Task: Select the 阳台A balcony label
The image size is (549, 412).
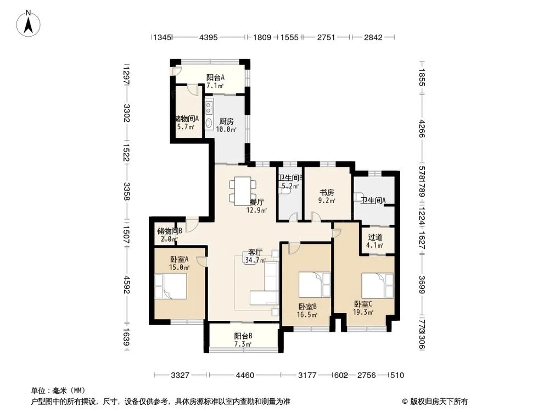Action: pos(215,77)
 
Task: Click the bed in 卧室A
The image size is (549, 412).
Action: pos(171,286)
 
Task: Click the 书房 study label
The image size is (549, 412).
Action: pos(327,193)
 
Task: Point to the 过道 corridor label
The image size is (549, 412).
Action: pos(376,237)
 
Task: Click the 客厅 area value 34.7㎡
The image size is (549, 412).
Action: pos(255,260)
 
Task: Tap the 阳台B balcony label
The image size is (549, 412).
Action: pos(243,336)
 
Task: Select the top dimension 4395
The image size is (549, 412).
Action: pos(209,37)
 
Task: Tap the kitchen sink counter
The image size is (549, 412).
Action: pos(210,114)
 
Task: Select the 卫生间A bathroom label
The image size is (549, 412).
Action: pos(373,201)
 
